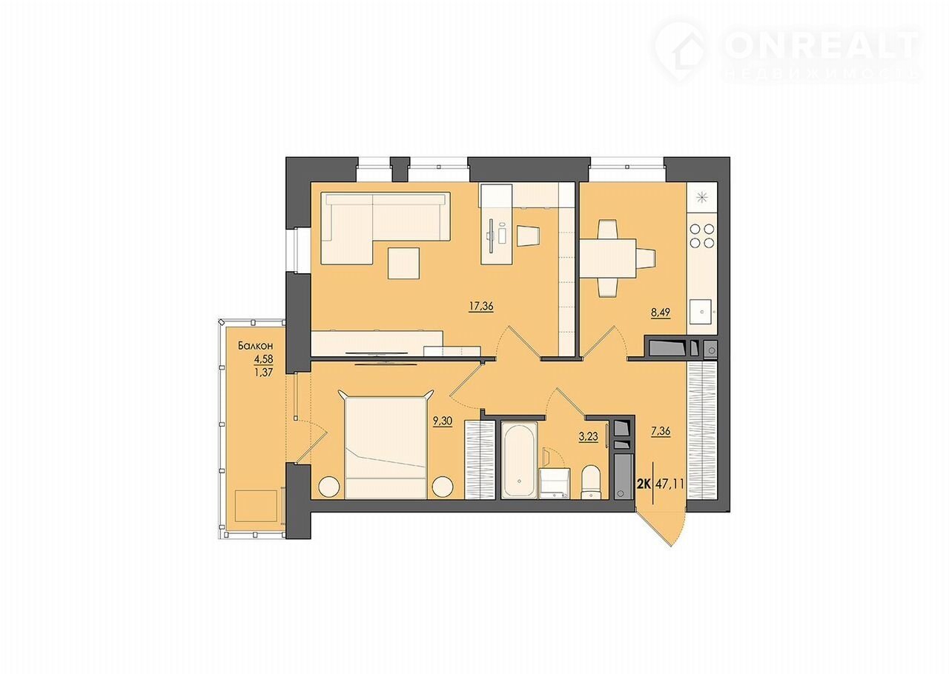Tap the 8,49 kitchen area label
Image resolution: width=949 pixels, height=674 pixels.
point(661,313)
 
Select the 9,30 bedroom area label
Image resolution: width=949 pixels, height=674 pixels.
point(443,421)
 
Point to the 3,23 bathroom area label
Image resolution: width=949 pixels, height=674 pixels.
point(589,436)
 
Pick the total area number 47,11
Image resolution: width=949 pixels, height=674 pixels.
point(669,484)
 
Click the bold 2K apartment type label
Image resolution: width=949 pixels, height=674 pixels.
point(644,484)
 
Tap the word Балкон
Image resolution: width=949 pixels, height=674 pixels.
point(255,346)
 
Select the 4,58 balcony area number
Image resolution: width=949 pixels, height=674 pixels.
point(263,359)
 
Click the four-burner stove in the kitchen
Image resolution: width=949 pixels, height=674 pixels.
point(702,236)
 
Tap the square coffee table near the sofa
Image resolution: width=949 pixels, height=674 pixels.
point(404,264)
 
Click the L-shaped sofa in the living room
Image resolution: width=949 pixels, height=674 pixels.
point(385,229)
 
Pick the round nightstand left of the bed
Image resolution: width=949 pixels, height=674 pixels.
point(329,486)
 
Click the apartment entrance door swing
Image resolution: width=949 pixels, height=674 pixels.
point(661,527)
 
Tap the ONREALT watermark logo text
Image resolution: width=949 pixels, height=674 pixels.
point(820,46)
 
